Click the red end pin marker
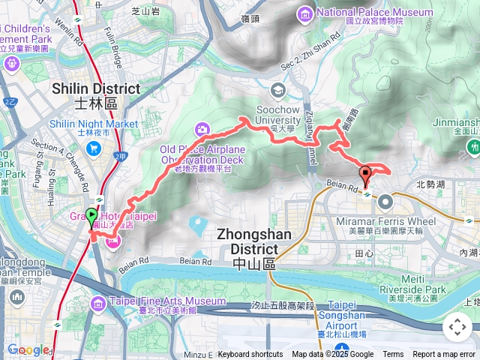tap(366, 176)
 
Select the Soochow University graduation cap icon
tap(278, 91)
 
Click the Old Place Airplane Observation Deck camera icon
tap(201, 130)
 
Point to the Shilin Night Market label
tap(93, 124)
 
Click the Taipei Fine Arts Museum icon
tap(98, 302)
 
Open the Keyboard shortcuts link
tap(250, 355)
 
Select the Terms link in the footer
tap(393, 355)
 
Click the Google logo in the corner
tap(28, 349)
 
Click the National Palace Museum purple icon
tap(305, 13)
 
